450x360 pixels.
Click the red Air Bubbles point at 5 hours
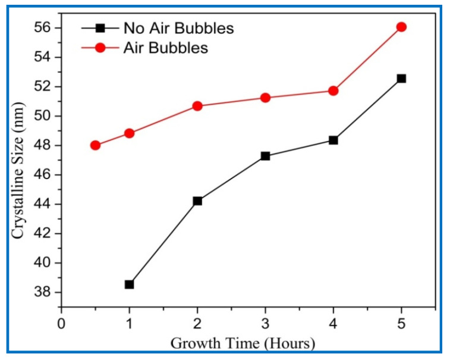(401, 27)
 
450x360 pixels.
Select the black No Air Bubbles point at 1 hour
(129, 284)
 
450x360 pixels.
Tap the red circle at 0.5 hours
(95, 145)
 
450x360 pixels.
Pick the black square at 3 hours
(265, 156)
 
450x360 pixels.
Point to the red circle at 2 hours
(197, 106)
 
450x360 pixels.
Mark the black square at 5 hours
(401, 79)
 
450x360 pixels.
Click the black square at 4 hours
(333, 140)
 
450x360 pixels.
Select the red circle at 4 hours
(333, 90)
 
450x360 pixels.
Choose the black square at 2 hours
(197, 201)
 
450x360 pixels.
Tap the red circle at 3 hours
(265, 98)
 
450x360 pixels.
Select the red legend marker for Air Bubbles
(100, 48)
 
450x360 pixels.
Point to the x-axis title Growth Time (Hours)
(243, 343)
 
